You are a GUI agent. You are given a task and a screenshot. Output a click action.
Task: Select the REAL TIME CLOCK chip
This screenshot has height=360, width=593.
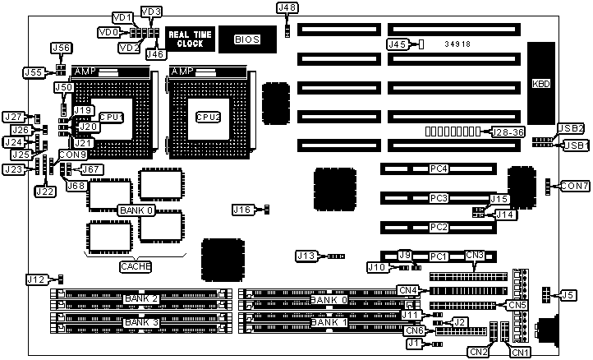[x=190, y=38]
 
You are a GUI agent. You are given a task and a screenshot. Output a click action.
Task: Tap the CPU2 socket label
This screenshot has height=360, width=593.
[x=208, y=117]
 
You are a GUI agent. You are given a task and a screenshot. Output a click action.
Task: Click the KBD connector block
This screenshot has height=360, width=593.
[x=541, y=83]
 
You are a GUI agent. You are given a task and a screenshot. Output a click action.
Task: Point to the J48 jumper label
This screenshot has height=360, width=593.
[x=287, y=7]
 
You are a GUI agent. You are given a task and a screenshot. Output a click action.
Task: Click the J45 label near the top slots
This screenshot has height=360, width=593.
[x=398, y=44]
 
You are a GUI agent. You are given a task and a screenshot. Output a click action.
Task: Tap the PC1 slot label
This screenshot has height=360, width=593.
[x=439, y=256]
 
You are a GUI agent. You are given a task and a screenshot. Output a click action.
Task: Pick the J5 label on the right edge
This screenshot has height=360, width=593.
[x=568, y=295]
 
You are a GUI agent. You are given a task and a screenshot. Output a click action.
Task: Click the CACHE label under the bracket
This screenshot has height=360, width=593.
[x=136, y=266]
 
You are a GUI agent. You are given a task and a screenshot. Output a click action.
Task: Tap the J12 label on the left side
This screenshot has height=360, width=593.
[x=36, y=280]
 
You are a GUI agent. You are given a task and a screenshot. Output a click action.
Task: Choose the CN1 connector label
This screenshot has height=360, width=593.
[x=520, y=353]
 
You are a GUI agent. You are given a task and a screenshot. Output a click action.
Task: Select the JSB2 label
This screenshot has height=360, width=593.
[x=570, y=128]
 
